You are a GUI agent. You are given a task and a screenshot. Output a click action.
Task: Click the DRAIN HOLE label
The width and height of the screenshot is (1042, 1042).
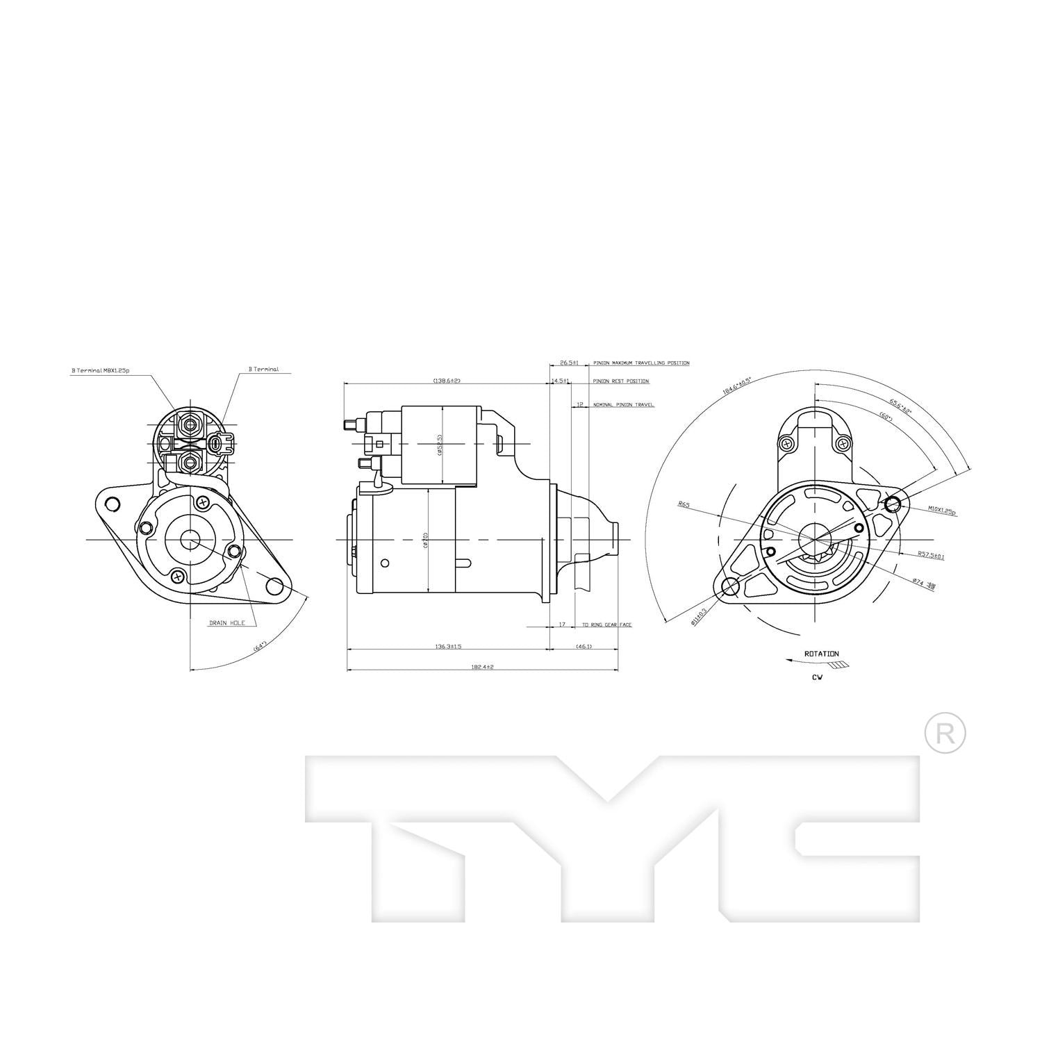227,623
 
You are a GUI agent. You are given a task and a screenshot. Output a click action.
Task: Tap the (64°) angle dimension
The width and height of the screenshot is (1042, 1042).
260,647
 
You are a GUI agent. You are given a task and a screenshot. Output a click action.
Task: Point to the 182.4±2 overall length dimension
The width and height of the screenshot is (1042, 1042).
481,667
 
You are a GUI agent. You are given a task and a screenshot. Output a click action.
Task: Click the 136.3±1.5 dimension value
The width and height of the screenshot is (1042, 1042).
448,646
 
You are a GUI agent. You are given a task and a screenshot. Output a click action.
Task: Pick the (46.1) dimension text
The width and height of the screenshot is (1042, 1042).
584,646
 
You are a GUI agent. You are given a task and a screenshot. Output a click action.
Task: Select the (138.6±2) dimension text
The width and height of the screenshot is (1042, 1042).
447,381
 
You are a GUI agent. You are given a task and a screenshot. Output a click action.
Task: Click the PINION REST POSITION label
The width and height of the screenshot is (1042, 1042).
620,381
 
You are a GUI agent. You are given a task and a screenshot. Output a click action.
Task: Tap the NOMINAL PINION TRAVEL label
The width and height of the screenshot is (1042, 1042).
623,404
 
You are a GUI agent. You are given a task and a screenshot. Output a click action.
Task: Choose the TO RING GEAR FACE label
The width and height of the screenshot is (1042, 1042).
606,625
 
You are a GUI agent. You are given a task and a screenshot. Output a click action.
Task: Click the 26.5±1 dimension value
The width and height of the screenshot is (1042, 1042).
569,363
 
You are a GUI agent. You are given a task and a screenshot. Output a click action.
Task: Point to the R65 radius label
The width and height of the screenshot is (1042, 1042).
684,505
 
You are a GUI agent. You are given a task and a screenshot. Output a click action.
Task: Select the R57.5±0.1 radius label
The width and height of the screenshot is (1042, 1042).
930,555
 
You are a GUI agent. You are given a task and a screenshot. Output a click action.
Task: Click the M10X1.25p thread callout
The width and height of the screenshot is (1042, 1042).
942,511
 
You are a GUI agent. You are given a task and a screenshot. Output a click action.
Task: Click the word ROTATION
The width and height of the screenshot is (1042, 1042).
821,654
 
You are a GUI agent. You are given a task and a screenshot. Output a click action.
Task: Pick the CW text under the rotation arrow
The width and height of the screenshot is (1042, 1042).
816,677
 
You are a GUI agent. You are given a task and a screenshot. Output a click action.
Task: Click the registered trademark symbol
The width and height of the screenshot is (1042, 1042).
945,732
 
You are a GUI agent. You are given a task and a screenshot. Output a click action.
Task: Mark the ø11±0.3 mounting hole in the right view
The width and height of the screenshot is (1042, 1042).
730,587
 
